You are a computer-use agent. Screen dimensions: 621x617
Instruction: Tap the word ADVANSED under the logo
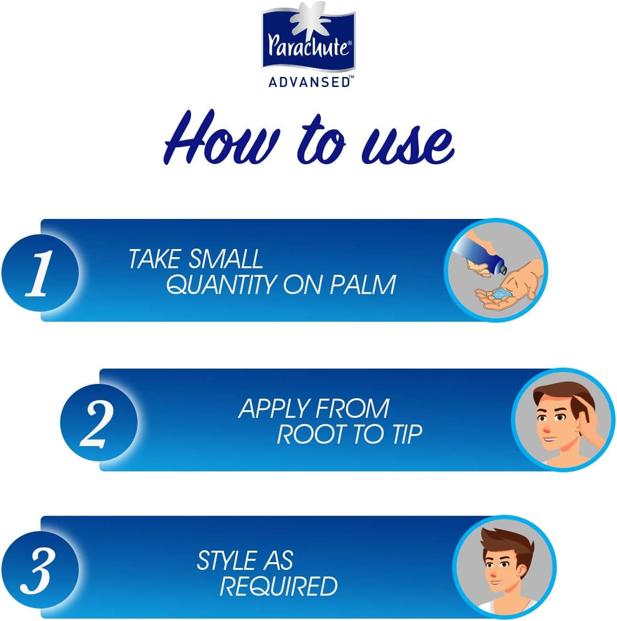point(309,82)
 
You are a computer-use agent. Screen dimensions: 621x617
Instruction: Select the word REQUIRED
point(278,586)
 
